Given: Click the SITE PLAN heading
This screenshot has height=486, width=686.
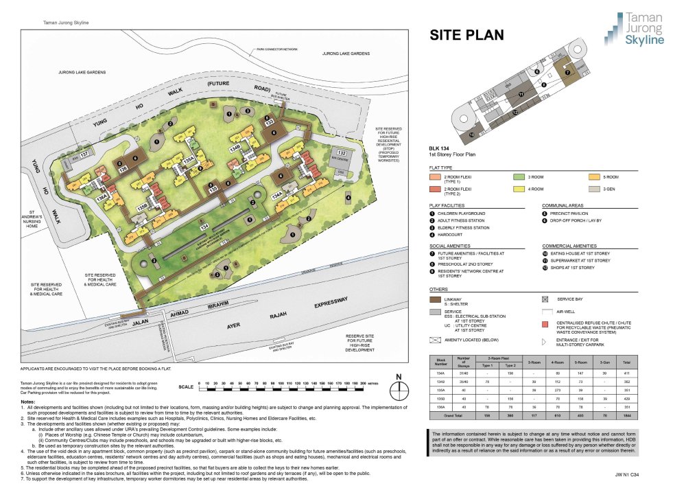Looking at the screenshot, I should pos(466,35).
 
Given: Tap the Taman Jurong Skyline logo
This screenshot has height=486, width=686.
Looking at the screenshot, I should pos(635,29).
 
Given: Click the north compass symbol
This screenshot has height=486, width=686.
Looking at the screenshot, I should pos(399,389).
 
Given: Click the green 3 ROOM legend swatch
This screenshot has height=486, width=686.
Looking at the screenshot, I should pos(519,176).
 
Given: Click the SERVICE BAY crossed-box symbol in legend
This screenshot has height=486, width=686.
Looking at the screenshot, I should pos(545,299).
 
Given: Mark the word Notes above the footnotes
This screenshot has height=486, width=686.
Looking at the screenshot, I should pos(29,400).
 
